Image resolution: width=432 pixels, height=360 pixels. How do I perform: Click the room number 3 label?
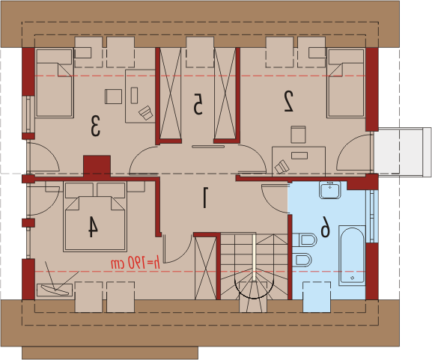(x=95, y=126)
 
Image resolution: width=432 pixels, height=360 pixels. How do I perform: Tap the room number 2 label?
(x=289, y=101)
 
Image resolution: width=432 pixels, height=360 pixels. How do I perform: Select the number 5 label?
(x=198, y=104)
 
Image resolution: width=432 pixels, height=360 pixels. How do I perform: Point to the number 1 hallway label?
(x=204, y=198)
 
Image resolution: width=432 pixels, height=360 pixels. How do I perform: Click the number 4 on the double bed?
(x=93, y=227)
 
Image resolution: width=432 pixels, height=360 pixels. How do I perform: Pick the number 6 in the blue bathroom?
(x=325, y=227)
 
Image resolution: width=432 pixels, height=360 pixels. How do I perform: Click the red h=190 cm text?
(x=136, y=263)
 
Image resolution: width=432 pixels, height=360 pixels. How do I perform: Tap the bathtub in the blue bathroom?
(x=352, y=255)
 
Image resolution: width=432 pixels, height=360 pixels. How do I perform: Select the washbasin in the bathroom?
(x=330, y=190)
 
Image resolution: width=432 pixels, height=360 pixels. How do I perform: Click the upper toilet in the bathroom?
(x=305, y=240)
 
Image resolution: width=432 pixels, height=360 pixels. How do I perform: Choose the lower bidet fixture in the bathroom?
(x=302, y=260)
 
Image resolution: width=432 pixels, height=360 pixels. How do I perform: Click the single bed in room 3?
(x=54, y=83)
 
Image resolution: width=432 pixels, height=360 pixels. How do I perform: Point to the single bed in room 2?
(x=346, y=83)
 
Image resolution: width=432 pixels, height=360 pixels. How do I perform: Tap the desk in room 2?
(x=299, y=162)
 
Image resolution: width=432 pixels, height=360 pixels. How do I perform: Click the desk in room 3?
(x=140, y=96)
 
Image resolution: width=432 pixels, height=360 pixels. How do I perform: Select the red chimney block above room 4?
(x=97, y=165)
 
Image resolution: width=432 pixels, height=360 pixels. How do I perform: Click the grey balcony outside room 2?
(x=403, y=152)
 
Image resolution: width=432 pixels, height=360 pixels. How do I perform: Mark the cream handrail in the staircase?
(x=254, y=257)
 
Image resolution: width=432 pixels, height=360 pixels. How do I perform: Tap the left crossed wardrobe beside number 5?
(x=171, y=94)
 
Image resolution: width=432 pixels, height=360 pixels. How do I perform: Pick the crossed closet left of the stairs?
(x=206, y=268)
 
